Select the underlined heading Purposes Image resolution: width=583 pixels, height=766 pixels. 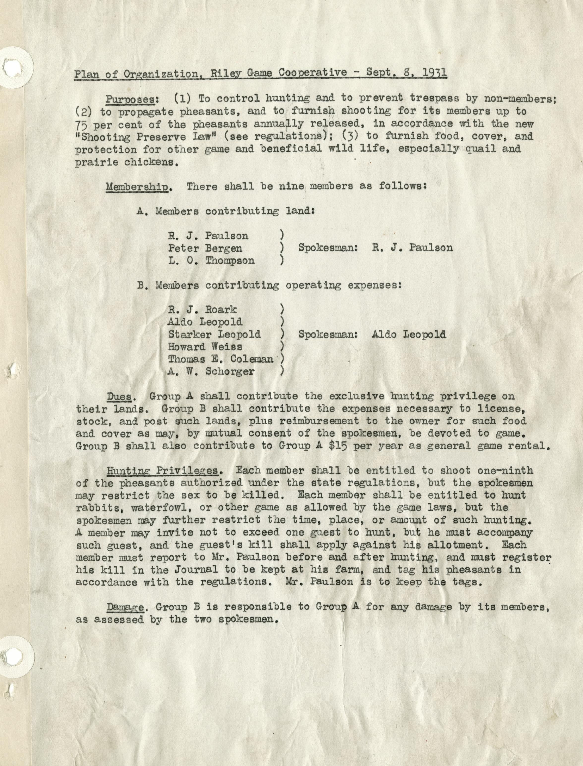tap(130, 99)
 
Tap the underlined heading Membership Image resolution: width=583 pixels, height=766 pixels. tap(137, 187)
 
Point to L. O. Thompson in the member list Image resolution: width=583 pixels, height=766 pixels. tap(211, 261)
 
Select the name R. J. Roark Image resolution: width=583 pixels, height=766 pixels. tap(202, 310)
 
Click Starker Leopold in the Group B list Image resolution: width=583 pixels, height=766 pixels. tap(214, 334)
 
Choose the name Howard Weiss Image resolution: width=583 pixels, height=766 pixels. tap(205, 347)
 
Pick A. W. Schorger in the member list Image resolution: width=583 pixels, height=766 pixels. tap(211, 371)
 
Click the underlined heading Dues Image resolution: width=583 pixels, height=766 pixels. tap(119, 396)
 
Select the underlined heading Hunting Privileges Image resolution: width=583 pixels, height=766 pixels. tap(162, 471)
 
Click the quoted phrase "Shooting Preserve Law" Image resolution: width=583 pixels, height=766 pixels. tap(146, 137)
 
